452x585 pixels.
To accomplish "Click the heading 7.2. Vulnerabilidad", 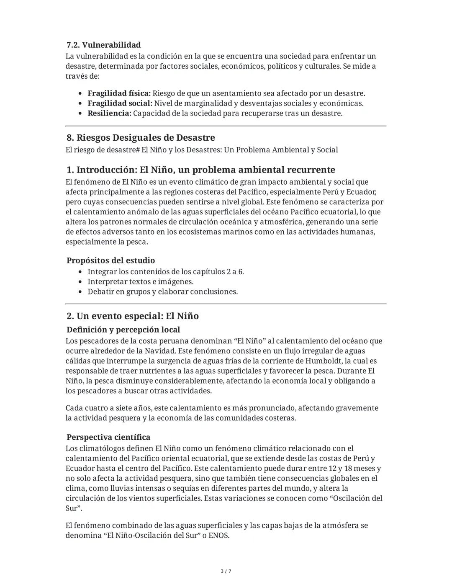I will [103, 45].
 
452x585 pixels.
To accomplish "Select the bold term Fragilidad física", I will [119, 93].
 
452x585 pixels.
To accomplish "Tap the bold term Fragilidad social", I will [120, 103].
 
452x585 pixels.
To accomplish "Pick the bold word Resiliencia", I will [109, 113].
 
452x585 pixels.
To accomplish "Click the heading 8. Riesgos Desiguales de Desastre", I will [141, 138].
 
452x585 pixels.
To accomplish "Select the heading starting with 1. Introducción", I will [200, 170].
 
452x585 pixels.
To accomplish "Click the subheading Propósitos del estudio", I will [110, 260].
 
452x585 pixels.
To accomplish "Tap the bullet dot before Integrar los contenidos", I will [81, 272].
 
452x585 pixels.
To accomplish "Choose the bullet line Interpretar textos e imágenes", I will [140, 282].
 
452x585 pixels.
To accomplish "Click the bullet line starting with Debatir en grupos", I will [162, 292].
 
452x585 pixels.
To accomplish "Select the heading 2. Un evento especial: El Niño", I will [132, 316].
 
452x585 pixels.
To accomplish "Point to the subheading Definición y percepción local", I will [123, 330].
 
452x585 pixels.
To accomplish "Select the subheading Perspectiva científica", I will [108, 437].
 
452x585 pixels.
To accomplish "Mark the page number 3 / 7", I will [226, 571].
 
